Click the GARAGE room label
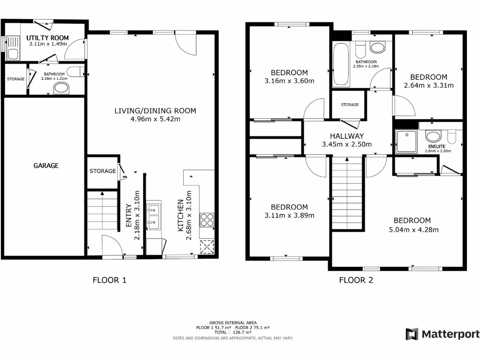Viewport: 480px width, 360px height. point(46,165)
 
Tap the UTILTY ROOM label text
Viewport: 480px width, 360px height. point(47,37)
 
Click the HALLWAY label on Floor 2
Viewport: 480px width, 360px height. point(347,135)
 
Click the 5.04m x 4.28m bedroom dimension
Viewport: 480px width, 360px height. point(412,230)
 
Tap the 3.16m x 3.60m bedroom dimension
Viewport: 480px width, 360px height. point(289,81)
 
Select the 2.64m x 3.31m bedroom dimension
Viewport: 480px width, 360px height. point(428,85)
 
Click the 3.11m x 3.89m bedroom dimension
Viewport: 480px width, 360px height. point(289,216)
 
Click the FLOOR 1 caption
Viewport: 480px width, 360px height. point(110,280)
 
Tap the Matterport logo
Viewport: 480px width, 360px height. point(443,334)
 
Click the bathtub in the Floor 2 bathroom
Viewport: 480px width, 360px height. point(341,65)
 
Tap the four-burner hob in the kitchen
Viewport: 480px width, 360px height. point(207,220)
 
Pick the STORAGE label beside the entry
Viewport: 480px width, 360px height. point(103,171)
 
